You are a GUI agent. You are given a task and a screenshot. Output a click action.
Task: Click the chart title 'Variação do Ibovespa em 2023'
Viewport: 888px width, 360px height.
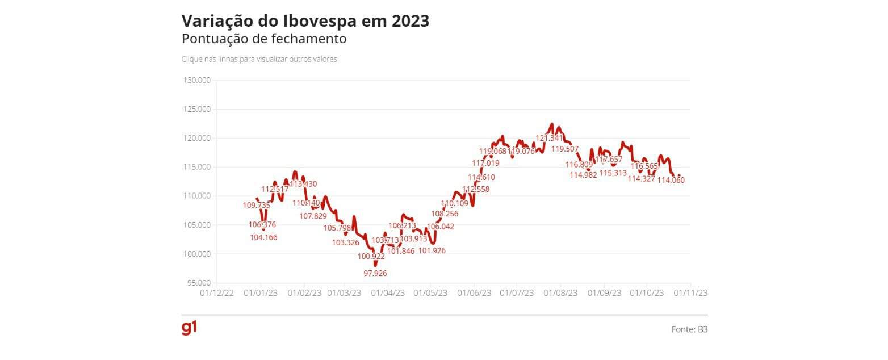305,21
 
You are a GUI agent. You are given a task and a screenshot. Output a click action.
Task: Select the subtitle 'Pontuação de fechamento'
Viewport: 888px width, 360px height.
264,39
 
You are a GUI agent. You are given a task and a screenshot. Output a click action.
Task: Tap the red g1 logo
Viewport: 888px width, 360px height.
189,328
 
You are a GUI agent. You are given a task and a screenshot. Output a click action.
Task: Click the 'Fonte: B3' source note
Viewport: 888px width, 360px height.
689,329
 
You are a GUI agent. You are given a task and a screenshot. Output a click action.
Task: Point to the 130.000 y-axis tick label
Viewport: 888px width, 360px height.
196,81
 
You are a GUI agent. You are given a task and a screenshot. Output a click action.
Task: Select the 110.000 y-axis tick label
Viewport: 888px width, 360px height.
196,196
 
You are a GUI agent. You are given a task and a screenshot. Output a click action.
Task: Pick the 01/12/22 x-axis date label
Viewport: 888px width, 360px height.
217,293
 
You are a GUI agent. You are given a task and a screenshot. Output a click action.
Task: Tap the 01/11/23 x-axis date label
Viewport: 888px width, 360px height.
690,293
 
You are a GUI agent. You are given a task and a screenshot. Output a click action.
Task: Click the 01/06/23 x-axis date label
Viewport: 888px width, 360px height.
474,293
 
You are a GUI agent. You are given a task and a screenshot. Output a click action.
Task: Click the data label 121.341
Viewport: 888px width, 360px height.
549,138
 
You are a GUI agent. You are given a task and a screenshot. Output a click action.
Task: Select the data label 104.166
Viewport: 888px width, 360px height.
263,237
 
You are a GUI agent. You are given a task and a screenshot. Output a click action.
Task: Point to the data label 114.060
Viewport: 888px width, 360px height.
671,180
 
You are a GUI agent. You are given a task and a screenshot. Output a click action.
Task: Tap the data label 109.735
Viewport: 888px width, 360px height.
257,205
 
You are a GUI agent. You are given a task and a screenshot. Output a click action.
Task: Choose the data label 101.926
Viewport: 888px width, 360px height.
432,250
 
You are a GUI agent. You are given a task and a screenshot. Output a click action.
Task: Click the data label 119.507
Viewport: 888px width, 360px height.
565,149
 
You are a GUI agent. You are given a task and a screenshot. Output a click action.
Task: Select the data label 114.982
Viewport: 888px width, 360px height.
583,175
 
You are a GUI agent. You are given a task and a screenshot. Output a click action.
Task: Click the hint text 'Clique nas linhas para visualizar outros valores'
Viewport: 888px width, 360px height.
259,59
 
